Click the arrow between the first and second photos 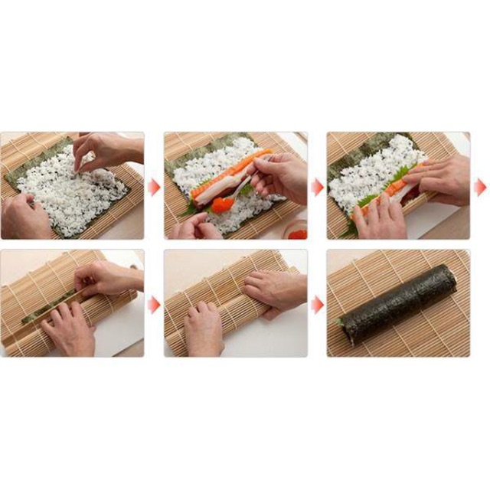(x=154, y=187)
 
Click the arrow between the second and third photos (x=317, y=187)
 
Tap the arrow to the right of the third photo (x=480, y=187)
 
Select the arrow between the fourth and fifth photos (x=154, y=305)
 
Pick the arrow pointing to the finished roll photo (x=317, y=305)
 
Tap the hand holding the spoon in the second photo (x=279, y=174)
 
